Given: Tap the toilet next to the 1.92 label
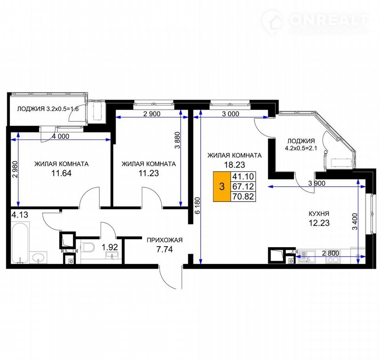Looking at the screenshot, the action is click(x=88, y=247).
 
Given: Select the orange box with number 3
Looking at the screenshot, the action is click(x=222, y=187).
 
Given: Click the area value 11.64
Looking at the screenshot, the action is click(x=61, y=173).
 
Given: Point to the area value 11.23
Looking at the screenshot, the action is click(x=148, y=173).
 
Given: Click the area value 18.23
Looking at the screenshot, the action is click(x=235, y=165).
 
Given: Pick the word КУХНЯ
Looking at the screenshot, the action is click(x=319, y=214).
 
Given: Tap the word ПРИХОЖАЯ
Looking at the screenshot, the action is click(x=165, y=240).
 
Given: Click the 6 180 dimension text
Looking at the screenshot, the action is click(x=198, y=205).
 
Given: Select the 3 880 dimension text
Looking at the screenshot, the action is click(x=177, y=140).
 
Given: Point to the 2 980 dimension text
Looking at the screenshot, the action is click(x=15, y=170).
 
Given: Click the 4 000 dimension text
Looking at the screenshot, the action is click(x=61, y=136).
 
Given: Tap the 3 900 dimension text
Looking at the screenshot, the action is click(x=317, y=184).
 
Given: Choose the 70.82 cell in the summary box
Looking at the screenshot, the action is click(x=243, y=197).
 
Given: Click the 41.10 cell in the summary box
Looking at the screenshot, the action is click(x=243, y=176).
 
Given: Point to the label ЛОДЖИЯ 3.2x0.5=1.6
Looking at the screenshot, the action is click(x=48, y=109).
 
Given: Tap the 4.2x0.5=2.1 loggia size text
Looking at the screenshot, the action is click(x=301, y=148).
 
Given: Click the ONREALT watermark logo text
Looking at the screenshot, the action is click(x=329, y=20).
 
